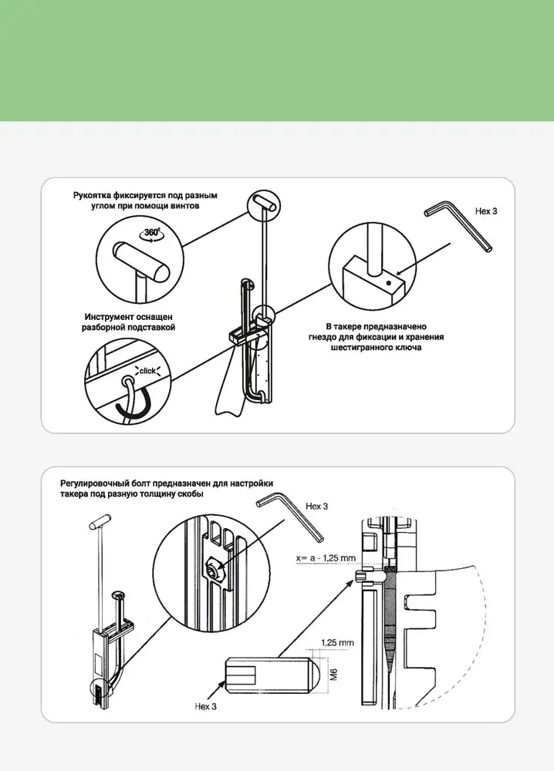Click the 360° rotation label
(153, 233)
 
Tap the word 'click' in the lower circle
(147, 371)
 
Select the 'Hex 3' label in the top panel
(486, 211)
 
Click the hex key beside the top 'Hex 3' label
(458, 226)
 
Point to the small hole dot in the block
(388, 282)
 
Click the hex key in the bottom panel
(289, 517)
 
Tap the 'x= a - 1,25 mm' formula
(326, 558)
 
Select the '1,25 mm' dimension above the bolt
(337, 643)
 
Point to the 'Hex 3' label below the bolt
(206, 706)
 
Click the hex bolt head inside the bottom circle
(214, 568)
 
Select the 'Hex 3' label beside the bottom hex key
(317, 506)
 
